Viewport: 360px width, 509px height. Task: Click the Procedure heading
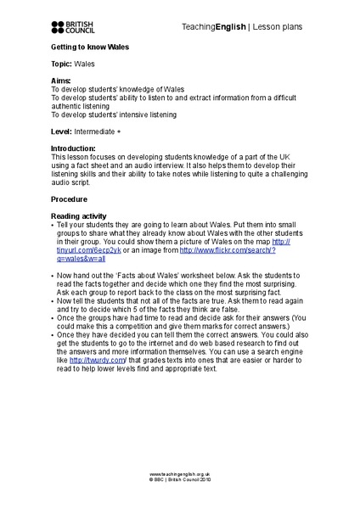tap(70, 199)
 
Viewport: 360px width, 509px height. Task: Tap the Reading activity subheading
tap(80, 215)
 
